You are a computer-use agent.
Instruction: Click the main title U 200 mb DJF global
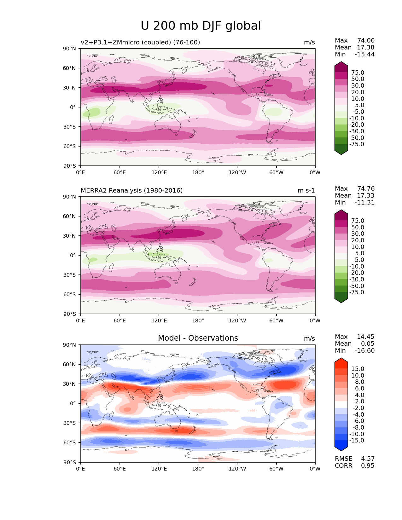[x=201, y=26]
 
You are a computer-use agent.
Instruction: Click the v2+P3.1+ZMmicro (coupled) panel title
[x=140, y=42]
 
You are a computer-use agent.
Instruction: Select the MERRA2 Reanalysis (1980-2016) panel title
[x=131, y=190]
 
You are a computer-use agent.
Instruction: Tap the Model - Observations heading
[x=198, y=338]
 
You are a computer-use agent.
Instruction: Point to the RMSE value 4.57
[x=368, y=459]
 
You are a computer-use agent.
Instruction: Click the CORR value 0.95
[x=368, y=465]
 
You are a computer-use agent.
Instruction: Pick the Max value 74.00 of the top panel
[x=366, y=40]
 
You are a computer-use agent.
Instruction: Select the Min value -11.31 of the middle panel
[x=364, y=202]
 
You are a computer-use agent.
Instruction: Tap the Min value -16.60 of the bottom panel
[x=364, y=350]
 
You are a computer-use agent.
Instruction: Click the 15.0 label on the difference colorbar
[x=358, y=369]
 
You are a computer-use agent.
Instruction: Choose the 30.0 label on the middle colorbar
[x=358, y=234]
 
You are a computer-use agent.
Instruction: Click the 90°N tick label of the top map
[x=70, y=49]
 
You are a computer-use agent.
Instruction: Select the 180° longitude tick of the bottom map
[x=198, y=469]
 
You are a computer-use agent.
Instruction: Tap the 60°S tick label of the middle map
[x=70, y=294]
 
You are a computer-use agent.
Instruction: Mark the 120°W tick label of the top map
[x=237, y=172]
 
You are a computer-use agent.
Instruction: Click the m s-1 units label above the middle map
[x=306, y=190]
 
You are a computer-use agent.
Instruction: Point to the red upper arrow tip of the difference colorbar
[x=341, y=361]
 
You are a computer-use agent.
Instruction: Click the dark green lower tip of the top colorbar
[x=341, y=152]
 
